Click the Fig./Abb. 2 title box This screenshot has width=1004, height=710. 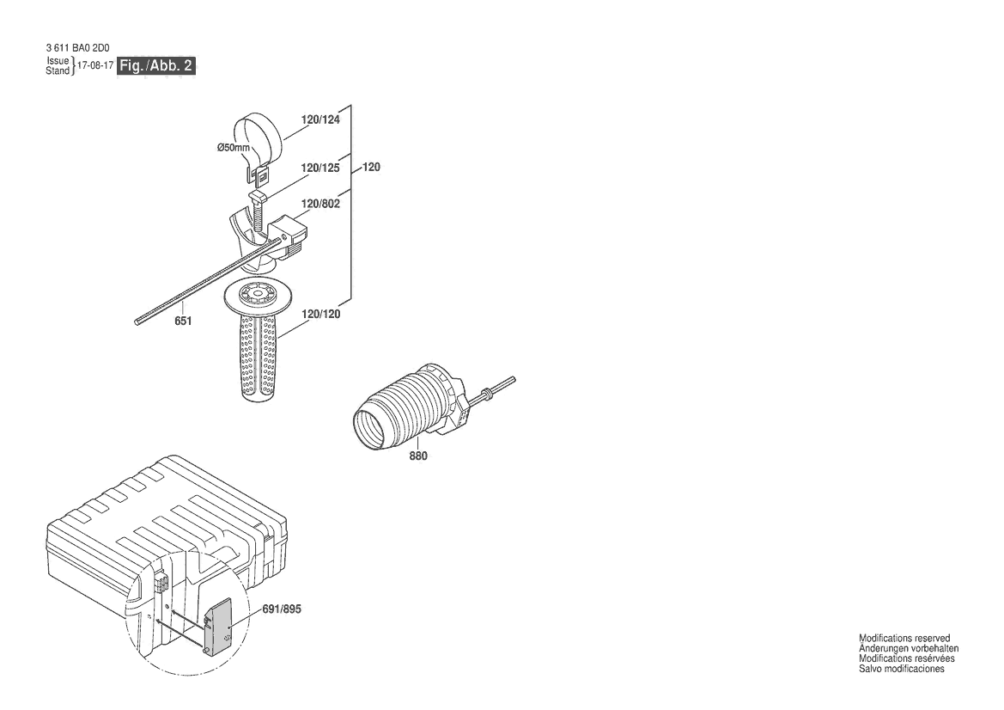pos(155,65)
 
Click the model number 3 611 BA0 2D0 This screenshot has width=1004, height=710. pos(77,47)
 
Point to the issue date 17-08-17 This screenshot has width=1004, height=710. pos(94,65)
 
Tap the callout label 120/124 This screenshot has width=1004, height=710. pos(321,119)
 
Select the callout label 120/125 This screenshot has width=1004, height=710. pos(321,168)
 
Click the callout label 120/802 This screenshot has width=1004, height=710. pos(321,204)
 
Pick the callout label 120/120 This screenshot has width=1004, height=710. pos(321,314)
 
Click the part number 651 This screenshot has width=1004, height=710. pos(183,321)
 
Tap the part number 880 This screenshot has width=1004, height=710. pos(418,456)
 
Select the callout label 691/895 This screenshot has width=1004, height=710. pos(282,609)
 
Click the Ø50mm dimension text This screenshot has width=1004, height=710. pos(233,148)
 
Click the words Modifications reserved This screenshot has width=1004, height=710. pos(904,639)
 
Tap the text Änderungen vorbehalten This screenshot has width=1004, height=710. pos(909,648)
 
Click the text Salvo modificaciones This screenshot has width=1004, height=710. pos(902,669)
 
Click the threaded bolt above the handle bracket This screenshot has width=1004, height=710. pos(259,215)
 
